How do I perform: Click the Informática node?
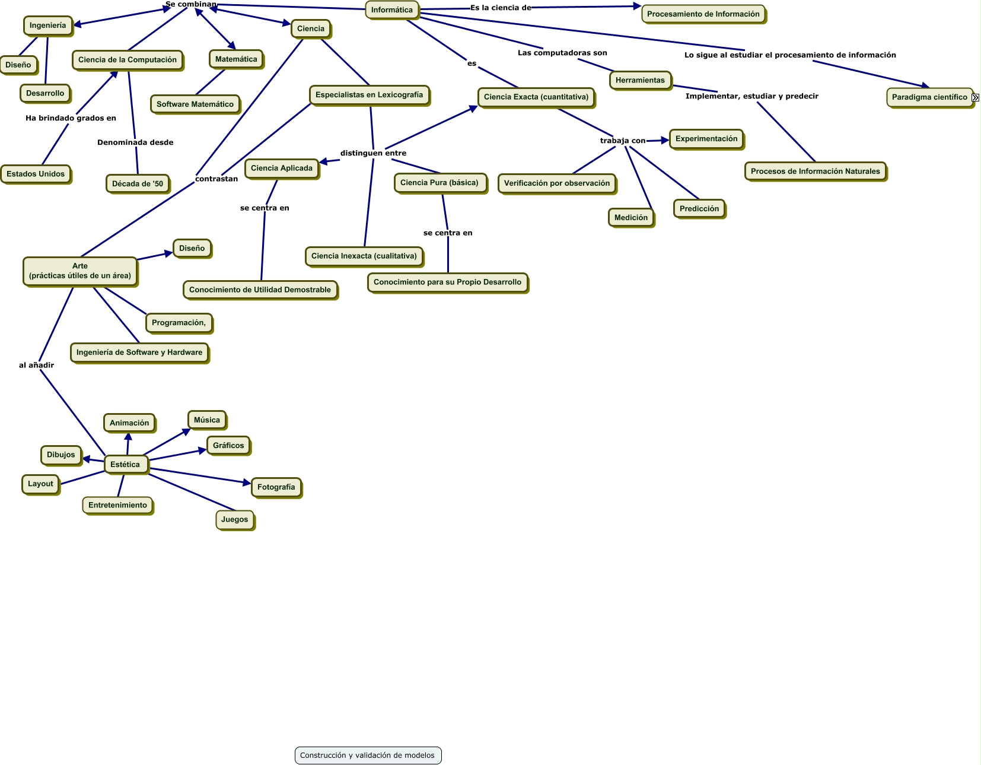pyautogui.click(x=392, y=10)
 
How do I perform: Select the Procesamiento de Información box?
pyautogui.click(x=703, y=14)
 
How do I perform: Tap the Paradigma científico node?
pyautogui.click(x=929, y=97)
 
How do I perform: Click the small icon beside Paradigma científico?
pyautogui.click(x=976, y=97)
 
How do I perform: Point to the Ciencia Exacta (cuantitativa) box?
pyautogui.click(x=536, y=97)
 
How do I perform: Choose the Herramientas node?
pyautogui.click(x=640, y=80)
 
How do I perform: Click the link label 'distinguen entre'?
pyautogui.click(x=373, y=153)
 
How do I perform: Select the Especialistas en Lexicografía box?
pyautogui.click(x=369, y=95)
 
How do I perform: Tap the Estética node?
pyautogui.click(x=125, y=465)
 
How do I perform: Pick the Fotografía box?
pyautogui.click(x=276, y=487)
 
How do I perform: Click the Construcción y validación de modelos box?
pyautogui.click(x=368, y=756)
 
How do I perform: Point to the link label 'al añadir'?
pyautogui.click(x=36, y=366)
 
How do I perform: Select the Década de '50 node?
pyautogui.click(x=138, y=184)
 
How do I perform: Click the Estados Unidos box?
pyautogui.click(x=36, y=174)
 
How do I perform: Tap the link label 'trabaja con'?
pyautogui.click(x=622, y=141)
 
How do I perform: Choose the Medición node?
pyautogui.click(x=631, y=218)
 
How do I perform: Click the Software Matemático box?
pyautogui.click(x=195, y=104)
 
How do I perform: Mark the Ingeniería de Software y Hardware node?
pyautogui.click(x=139, y=353)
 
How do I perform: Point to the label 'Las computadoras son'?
pyautogui.click(x=562, y=53)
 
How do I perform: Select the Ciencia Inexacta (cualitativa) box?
pyautogui.click(x=364, y=256)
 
